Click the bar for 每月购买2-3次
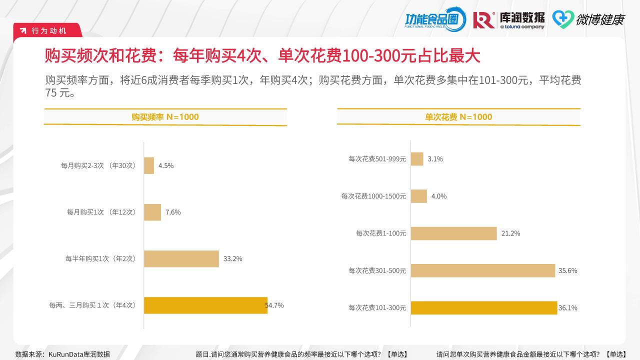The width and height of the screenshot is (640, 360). coord(149,165)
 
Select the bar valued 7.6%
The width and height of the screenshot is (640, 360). coord(152,212)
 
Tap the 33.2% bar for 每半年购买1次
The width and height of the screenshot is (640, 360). coord(181,258)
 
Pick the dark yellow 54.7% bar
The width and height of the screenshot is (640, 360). coord(205,305)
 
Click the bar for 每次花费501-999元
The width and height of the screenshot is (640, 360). coord(417,159)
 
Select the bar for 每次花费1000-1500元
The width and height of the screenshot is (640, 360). coord(419,196)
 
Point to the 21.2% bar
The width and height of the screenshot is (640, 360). coord(454,233)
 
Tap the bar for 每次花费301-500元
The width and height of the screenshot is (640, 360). coord(483,270)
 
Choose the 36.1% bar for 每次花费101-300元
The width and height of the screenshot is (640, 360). coord(484,308)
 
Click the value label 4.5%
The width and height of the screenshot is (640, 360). coord(166,165)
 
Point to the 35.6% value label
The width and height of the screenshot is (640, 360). coord(567,270)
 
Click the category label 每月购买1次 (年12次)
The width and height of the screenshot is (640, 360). coord(101,212)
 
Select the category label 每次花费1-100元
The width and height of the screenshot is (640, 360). coord(381,233)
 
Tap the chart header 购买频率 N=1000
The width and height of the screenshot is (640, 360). coord(165,117)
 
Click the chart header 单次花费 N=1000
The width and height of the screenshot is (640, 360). coord(458,117)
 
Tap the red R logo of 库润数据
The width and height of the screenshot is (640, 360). coord(483,19)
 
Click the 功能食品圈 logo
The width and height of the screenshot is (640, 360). coord(434,19)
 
